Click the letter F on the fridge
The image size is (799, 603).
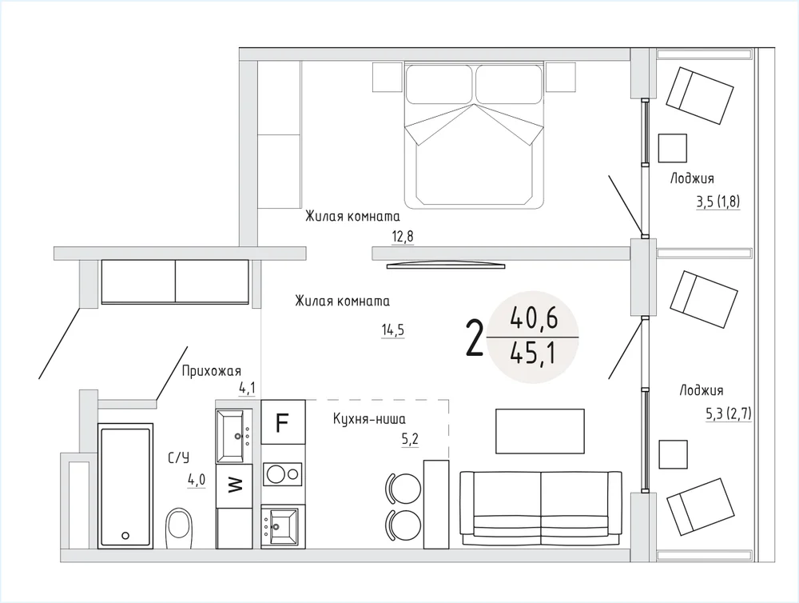282,423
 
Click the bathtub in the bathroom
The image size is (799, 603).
125,486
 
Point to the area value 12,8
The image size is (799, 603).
403,237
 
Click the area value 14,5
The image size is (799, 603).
393,330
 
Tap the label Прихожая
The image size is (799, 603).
212,371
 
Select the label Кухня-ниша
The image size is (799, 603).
369,419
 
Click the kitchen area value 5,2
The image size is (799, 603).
410,439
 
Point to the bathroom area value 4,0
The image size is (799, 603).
197,480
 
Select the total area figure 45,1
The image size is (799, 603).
532,353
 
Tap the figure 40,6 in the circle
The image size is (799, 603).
534,318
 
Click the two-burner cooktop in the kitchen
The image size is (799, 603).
282,474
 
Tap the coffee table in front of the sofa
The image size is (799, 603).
539,431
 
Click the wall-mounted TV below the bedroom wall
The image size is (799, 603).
446,265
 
